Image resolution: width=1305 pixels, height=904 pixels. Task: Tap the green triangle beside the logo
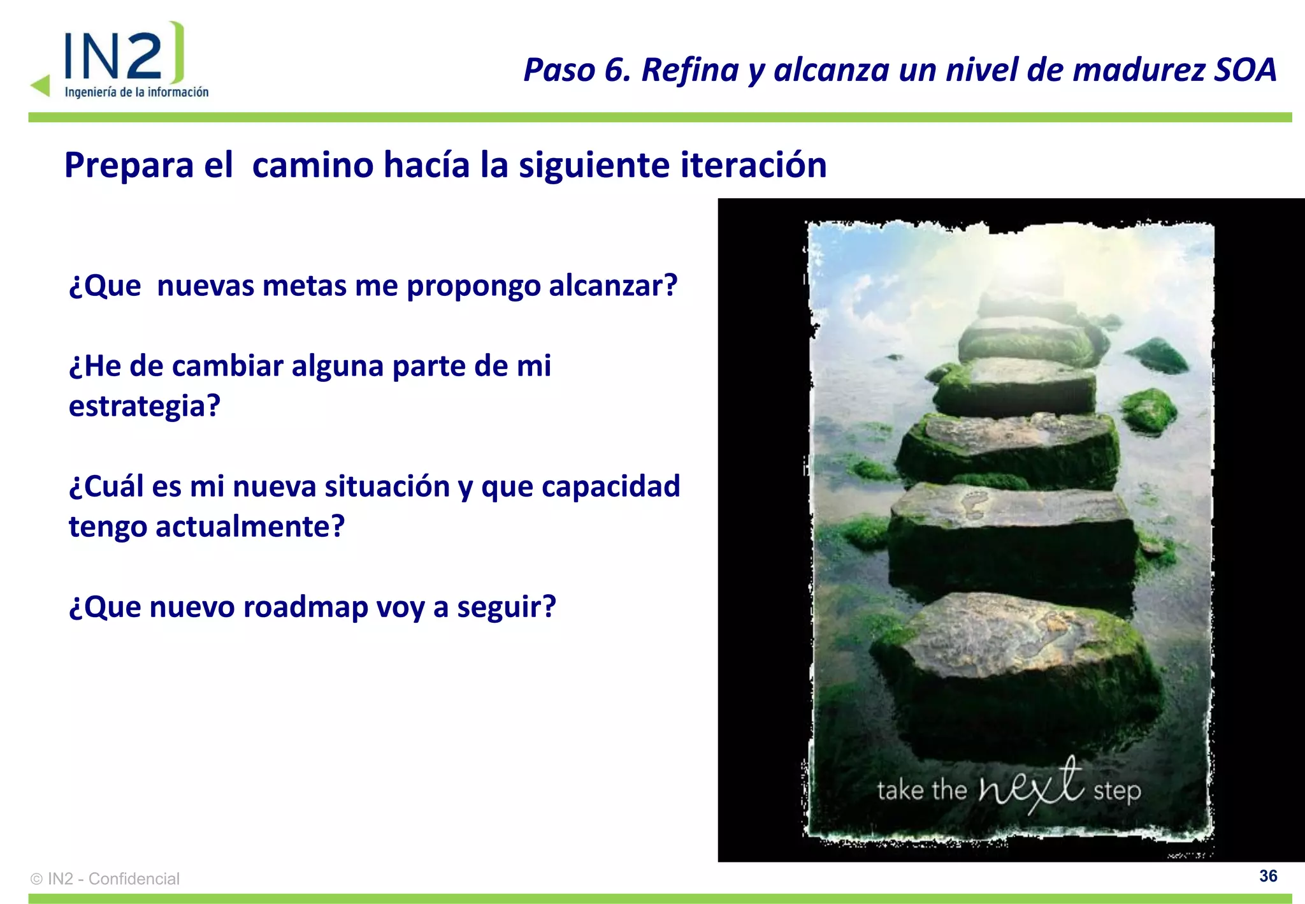[41, 85]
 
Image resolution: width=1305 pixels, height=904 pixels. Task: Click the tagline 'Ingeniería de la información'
[136, 92]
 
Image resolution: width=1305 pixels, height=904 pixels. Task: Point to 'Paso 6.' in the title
[577, 70]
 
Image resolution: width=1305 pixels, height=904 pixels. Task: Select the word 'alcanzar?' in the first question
[613, 286]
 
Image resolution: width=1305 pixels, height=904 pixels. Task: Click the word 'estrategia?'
[145, 406]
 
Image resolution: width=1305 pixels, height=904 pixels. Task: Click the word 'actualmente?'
[250, 527]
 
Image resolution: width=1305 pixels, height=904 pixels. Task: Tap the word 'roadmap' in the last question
[305, 607]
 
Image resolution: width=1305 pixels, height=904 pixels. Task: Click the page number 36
[1268, 876]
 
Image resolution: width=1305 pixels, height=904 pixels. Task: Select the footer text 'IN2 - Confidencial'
[113, 879]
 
